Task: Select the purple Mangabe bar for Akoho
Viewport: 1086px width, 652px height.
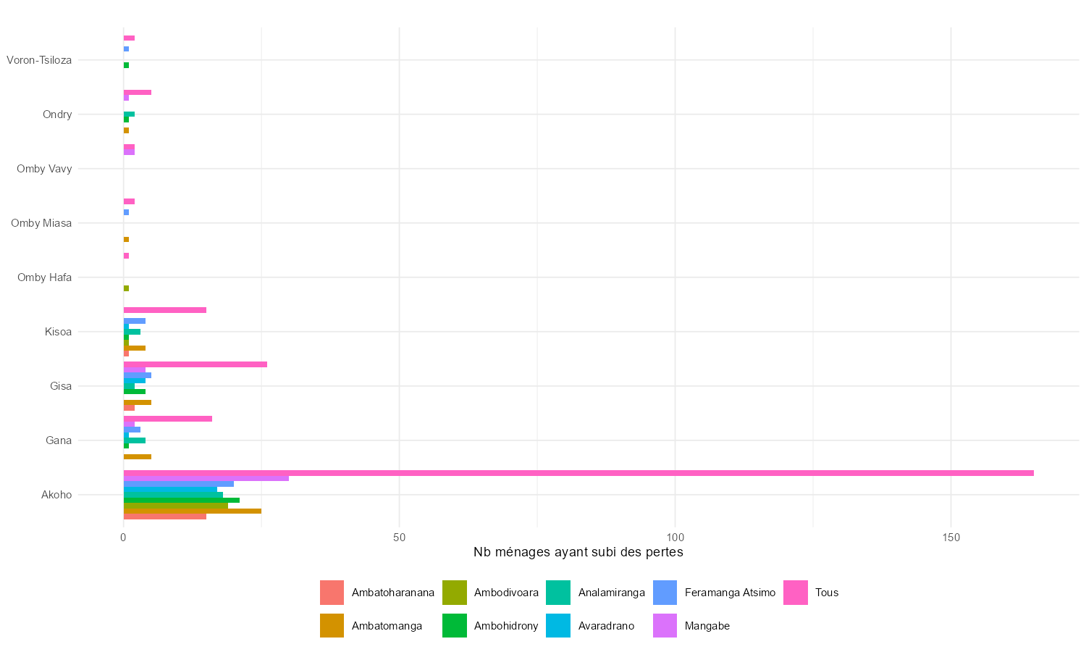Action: pyautogui.click(x=206, y=478)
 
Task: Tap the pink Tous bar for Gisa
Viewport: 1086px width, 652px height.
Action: pyautogui.click(x=195, y=364)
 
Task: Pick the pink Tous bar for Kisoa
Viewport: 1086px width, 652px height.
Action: pyautogui.click(x=165, y=310)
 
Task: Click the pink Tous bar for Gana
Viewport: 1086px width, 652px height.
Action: pyautogui.click(x=168, y=419)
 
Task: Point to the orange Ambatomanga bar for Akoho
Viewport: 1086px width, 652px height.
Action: pyautogui.click(x=193, y=511)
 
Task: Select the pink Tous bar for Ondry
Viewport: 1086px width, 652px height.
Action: pyautogui.click(x=138, y=93)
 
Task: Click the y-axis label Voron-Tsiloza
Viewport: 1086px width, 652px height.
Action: pyautogui.click(x=39, y=60)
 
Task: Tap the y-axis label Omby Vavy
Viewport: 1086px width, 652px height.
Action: pyautogui.click(x=44, y=169)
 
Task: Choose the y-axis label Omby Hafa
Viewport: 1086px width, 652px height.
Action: pyautogui.click(x=44, y=277)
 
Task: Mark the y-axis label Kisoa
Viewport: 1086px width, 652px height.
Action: pyautogui.click(x=58, y=332)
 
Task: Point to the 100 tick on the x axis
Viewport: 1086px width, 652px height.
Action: pyautogui.click(x=675, y=538)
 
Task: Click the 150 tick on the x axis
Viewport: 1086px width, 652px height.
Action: pyautogui.click(x=951, y=538)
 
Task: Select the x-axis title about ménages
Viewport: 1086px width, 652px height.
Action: pyautogui.click(x=578, y=553)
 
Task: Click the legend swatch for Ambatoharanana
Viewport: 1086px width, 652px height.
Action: pyautogui.click(x=332, y=593)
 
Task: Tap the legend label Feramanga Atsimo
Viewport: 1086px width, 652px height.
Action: pyautogui.click(x=730, y=593)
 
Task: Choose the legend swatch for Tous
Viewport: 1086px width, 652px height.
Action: pyautogui.click(x=795, y=593)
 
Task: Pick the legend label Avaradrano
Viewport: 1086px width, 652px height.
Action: pyautogui.click(x=606, y=626)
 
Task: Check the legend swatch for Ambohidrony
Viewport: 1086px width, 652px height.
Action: pyautogui.click(x=454, y=626)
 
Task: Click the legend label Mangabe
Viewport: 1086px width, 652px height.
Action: pyautogui.click(x=707, y=626)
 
